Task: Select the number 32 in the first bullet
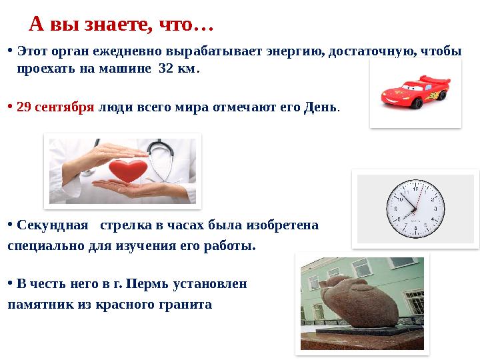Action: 167,69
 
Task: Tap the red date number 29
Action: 25,107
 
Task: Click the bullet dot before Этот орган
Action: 10,51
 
